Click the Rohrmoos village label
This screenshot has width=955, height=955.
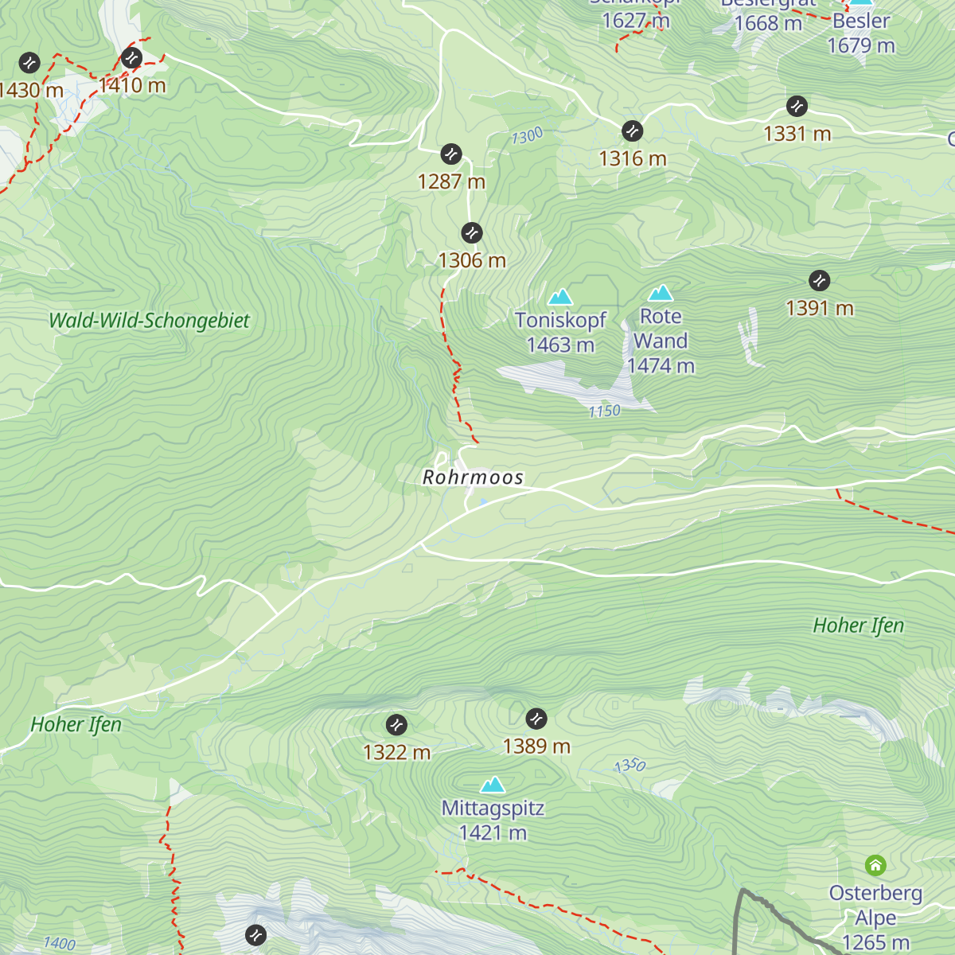coord(473,477)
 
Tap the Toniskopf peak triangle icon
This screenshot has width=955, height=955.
coord(560,298)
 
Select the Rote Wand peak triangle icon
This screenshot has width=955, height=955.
coord(661,294)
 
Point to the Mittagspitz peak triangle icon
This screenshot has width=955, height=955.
coord(493,785)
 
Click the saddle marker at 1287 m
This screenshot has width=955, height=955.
coord(451,154)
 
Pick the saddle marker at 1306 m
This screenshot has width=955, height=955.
coord(472,232)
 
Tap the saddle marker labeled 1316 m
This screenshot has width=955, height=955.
coord(633,131)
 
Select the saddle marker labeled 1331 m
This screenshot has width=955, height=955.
coord(797,106)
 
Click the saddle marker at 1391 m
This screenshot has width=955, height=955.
coord(819,280)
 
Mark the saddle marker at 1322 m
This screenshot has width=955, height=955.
coord(396,724)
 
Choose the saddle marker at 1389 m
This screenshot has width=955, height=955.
coord(536,718)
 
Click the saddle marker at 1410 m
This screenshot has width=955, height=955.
coord(131,57)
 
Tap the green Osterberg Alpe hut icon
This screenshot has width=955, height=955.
coord(875,865)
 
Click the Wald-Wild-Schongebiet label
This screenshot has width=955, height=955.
coord(149,321)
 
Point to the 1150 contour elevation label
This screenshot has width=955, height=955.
coord(605,411)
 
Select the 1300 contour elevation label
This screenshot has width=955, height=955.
coord(527,136)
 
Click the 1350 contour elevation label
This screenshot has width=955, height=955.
coord(630,766)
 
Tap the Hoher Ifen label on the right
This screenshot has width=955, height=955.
coord(858,626)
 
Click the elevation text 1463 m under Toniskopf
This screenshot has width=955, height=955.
coord(560,345)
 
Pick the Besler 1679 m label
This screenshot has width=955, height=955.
coord(861,33)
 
